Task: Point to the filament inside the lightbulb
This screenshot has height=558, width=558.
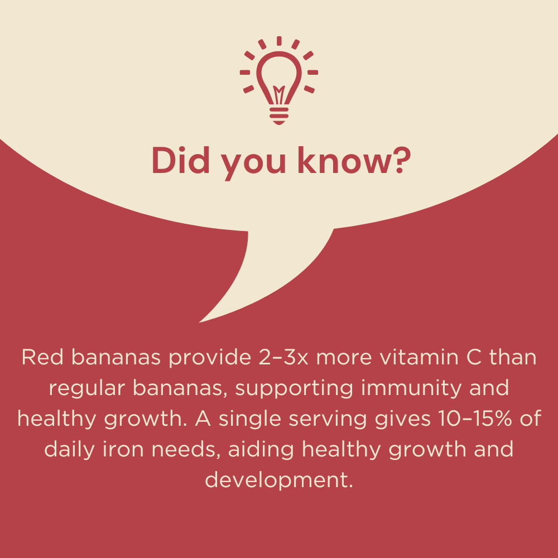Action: [279, 93]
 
